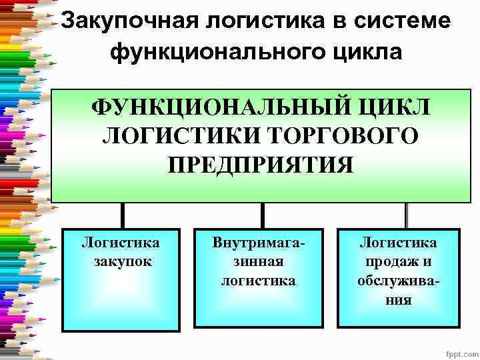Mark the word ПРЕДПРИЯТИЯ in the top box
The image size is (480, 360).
pyautogui.click(x=261, y=164)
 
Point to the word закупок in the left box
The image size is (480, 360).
pyautogui.click(x=121, y=261)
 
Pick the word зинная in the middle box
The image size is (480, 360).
pyautogui.click(x=258, y=261)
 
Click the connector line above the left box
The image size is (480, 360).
pyautogui.click(x=123, y=215)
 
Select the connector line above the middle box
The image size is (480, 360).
pyautogui.click(x=262, y=215)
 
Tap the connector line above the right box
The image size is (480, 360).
pyautogui.click(x=406, y=215)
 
